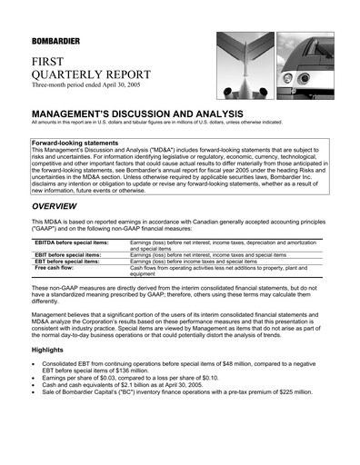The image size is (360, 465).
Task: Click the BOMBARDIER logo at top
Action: coord(58,41)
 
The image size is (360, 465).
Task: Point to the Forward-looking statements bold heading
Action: coord(75,143)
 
